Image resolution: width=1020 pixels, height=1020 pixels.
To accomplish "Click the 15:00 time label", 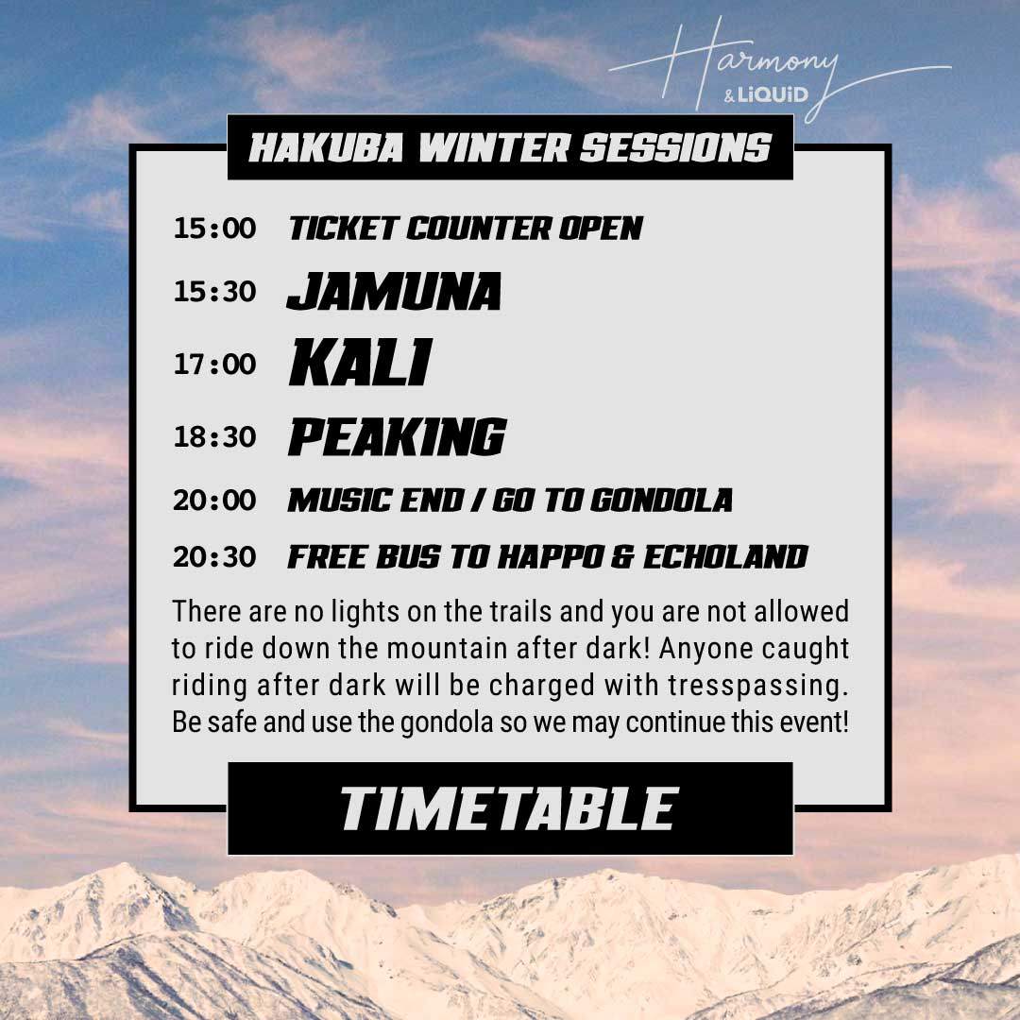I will click(x=214, y=229).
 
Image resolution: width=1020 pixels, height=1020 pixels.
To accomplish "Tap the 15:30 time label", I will click(x=214, y=292).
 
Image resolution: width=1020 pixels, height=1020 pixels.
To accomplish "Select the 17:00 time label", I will click(x=214, y=365).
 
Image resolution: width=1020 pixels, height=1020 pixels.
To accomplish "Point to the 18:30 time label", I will click(x=214, y=437).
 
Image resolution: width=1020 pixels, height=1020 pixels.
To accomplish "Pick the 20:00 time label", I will click(x=214, y=500).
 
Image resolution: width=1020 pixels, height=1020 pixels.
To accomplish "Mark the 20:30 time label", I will click(x=214, y=557).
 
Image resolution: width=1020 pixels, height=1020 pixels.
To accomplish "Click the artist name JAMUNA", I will click(x=394, y=292).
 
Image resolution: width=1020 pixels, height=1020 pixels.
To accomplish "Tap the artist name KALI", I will click(x=359, y=364).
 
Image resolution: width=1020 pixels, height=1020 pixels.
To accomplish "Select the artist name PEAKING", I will click(x=396, y=436).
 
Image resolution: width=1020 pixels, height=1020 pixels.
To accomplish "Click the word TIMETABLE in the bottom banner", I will click(x=509, y=809).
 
